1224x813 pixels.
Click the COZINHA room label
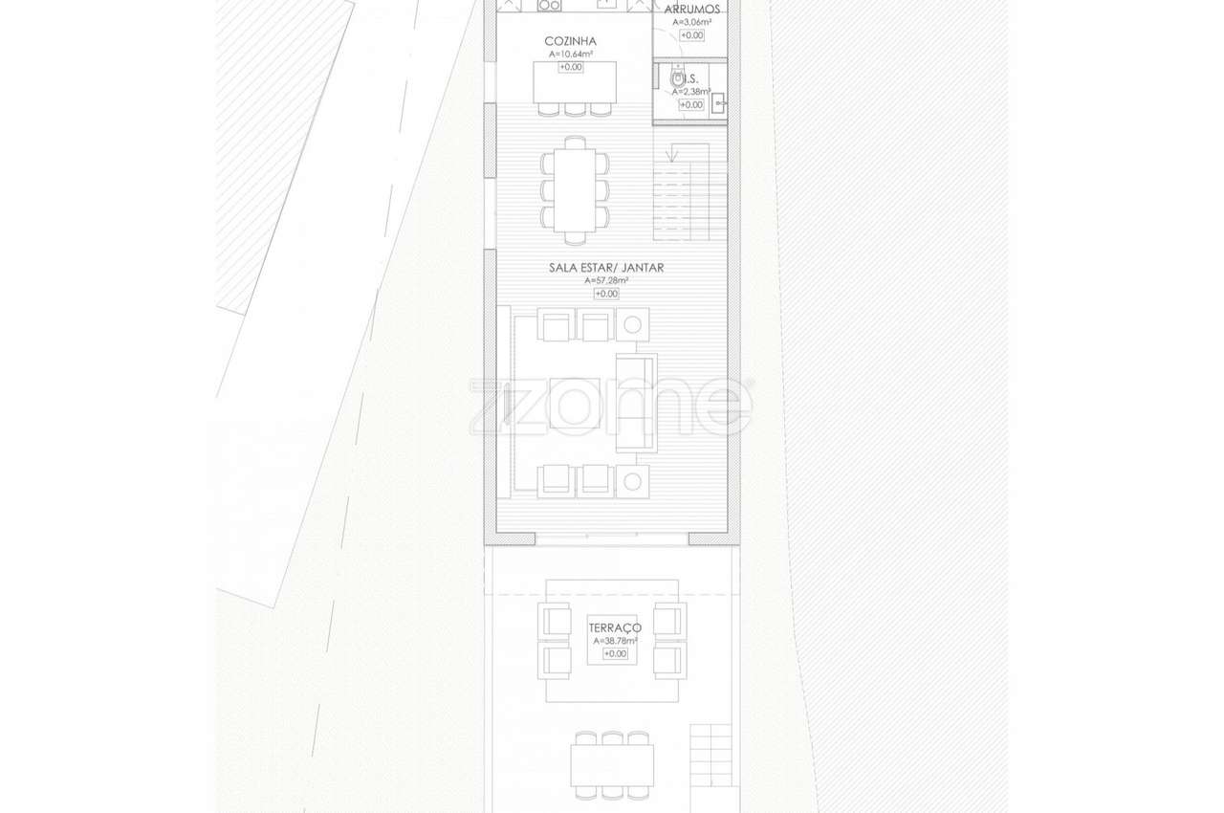pyautogui.click(x=570, y=41)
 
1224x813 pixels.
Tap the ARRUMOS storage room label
pyautogui.click(x=691, y=9)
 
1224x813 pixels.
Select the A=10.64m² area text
pyautogui.click(x=570, y=55)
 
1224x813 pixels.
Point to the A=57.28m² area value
pyautogui.click(x=606, y=281)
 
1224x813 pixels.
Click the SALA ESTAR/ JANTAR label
pyautogui.click(x=606, y=268)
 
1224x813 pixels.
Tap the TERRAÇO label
pyautogui.click(x=615, y=627)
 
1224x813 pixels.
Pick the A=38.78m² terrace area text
pyautogui.click(x=615, y=641)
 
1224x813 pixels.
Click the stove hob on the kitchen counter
pyautogui.click(x=549, y=5)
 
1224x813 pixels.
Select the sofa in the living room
pyautogui.click(x=636, y=403)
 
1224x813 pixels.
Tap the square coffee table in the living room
pyautogui.click(x=575, y=403)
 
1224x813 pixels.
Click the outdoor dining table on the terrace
pyautogui.click(x=612, y=764)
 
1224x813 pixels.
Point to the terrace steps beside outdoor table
pyautogui.click(x=710, y=755)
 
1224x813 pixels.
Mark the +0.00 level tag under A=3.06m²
pyautogui.click(x=691, y=35)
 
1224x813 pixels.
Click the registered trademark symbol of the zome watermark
pyautogui.click(x=750, y=384)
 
